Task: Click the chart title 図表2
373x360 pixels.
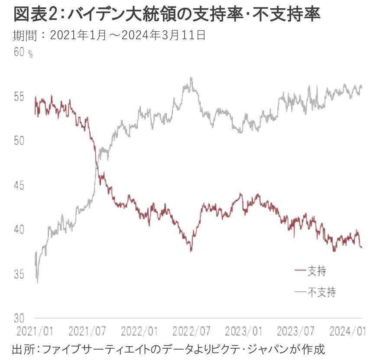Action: click(167, 15)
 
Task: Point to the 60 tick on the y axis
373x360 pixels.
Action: click(20, 52)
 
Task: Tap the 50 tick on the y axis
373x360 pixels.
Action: click(20, 141)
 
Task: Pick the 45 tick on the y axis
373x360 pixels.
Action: click(20, 185)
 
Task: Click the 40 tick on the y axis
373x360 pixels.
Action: click(20, 230)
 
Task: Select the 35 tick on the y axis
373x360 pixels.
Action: click(20, 274)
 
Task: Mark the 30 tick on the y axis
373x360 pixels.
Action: click(20, 318)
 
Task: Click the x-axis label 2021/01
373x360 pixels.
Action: click(34, 331)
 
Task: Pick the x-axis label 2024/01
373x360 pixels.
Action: click(346, 331)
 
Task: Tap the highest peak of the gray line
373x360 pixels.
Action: click(191, 78)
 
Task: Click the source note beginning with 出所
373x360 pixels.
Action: click(169, 349)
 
